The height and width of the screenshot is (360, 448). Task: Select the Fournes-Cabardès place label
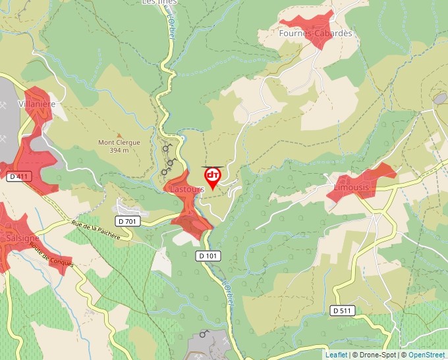tap(316, 33)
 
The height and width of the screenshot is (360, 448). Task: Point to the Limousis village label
tap(352, 188)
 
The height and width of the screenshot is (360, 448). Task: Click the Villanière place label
tap(37, 104)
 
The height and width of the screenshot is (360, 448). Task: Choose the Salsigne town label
tap(22, 238)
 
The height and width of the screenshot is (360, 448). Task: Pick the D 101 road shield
tap(208, 255)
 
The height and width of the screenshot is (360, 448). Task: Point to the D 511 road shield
tap(343, 310)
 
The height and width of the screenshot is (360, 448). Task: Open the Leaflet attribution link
tap(336, 355)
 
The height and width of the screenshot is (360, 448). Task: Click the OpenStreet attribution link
tap(428, 355)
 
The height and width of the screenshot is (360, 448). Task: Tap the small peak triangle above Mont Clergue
tap(119, 135)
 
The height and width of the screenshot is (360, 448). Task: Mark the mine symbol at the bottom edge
tap(204, 334)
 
